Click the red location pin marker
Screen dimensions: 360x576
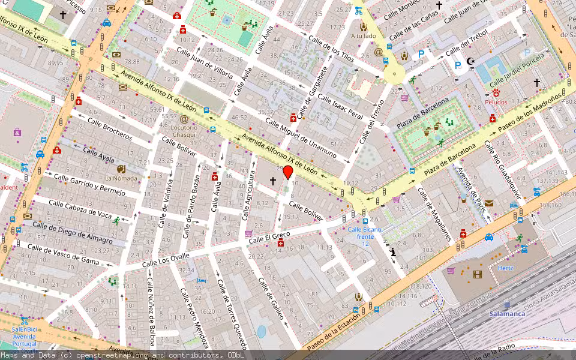point(288,173)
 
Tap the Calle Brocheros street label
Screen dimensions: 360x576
point(110,128)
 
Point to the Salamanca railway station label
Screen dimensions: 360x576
point(506,314)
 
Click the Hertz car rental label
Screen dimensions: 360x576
point(505,268)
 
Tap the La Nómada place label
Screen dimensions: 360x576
point(121,178)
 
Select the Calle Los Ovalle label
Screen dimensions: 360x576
point(166,261)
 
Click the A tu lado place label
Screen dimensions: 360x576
point(363,35)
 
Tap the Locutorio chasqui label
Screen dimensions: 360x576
point(184,131)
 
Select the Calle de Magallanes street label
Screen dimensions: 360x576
point(434,214)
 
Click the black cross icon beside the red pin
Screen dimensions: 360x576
point(273,180)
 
